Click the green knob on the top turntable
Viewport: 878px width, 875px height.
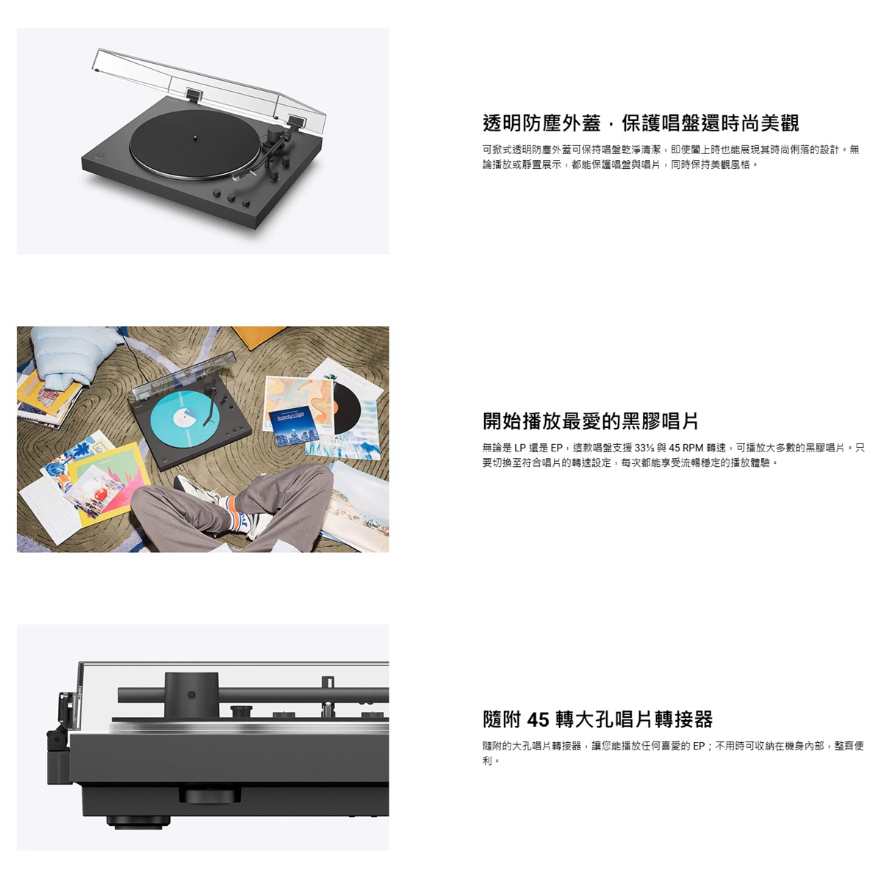click(216, 193)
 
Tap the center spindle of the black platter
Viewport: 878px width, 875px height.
click(195, 136)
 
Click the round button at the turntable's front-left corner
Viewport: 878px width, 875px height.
click(100, 155)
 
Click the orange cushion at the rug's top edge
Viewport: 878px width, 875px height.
click(258, 336)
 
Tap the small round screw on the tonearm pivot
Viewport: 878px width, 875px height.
click(192, 695)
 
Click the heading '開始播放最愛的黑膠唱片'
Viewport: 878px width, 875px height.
click(591, 421)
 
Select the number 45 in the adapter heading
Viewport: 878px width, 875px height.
click(538, 719)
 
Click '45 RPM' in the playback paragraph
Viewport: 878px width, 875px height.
click(686, 448)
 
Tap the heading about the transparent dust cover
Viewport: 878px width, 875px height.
click(641, 123)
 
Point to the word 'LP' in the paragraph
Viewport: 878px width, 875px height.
click(520, 448)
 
